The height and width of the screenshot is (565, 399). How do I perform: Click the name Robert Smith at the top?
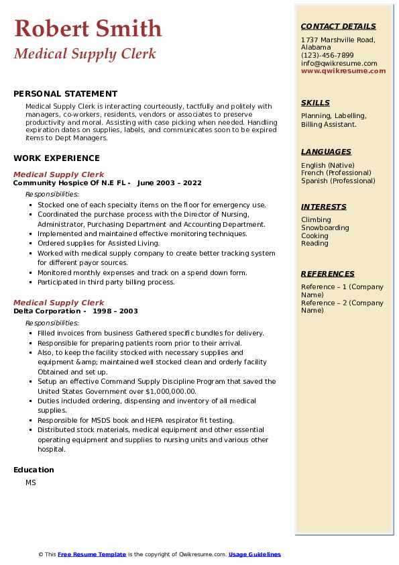[88, 28]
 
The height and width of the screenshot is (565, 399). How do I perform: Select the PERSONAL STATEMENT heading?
[65, 94]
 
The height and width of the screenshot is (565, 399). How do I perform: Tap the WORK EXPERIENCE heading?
[56, 158]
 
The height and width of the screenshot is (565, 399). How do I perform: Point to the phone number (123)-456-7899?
[327, 55]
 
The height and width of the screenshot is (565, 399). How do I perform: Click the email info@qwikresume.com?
[339, 63]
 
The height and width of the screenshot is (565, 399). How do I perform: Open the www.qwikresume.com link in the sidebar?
[343, 70]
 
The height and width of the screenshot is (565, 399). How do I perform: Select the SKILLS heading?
[315, 103]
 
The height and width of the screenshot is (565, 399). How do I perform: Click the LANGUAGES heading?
[326, 152]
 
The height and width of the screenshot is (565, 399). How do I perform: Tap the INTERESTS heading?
[324, 207]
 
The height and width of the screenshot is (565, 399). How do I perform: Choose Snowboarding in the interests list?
[325, 227]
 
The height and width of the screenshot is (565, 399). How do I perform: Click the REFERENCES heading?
[328, 274]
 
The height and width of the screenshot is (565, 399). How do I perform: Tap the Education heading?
[34, 470]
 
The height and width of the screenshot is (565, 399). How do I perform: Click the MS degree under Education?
[31, 482]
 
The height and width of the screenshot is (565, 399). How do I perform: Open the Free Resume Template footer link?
[92, 554]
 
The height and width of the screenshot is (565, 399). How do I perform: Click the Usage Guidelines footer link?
[255, 554]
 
